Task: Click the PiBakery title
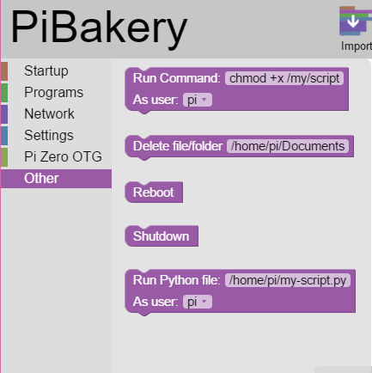[x=99, y=28]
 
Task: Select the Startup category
[x=46, y=71]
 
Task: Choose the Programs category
[x=54, y=92]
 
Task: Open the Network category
[x=49, y=113]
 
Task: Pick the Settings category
[x=49, y=135]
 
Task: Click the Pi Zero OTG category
[x=63, y=156]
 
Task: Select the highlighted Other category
[x=56, y=179]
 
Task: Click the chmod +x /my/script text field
[x=284, y=78]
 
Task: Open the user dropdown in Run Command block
[x=198, y=100]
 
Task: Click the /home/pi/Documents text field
[x=288, y=146]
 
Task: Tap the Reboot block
[x=154, y=193]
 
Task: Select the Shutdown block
[x=162, y=236]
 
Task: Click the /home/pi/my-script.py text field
[x=288, y=280]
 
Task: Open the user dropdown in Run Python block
[x=198, y=302]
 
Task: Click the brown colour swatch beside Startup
[x=4, y=71]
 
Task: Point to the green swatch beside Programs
[x=4, y=93]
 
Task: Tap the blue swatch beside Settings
[x=4, y=136]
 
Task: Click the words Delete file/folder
[x=178, y=146]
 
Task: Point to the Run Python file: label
[x=177, y=280]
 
